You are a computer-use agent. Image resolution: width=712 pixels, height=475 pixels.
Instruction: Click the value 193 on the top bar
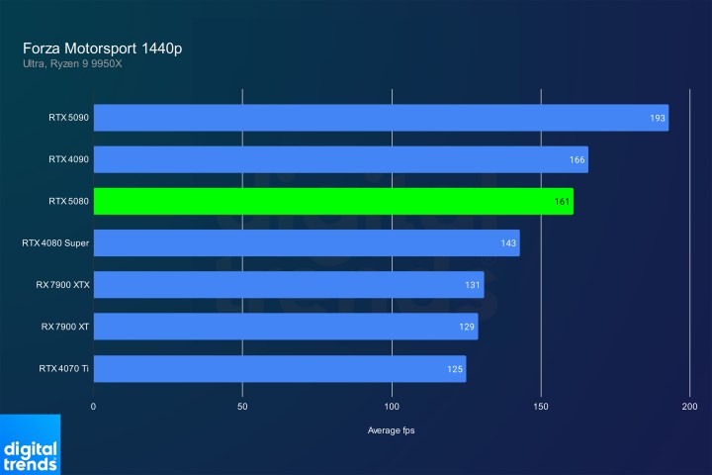657,118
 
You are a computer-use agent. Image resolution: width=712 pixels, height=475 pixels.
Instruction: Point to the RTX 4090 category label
68,159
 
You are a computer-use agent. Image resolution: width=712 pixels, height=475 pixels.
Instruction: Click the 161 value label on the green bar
561,202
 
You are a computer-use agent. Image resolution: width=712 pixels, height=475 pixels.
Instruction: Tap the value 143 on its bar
507,243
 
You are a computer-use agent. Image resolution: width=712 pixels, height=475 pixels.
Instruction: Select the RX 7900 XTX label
62,285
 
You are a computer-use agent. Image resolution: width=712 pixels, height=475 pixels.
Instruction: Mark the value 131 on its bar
472,286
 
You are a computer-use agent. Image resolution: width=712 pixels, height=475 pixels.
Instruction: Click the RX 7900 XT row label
65,327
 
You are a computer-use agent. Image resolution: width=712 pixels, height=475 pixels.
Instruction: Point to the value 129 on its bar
466,328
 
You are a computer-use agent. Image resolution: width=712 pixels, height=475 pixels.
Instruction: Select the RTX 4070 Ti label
64,369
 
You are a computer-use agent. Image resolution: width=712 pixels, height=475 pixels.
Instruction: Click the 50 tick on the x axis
242,406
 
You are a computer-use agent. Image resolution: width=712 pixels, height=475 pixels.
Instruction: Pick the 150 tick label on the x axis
541,406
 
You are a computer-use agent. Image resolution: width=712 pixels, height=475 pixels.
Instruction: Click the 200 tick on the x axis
690,406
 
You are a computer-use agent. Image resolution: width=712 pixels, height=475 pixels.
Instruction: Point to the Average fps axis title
392,429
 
